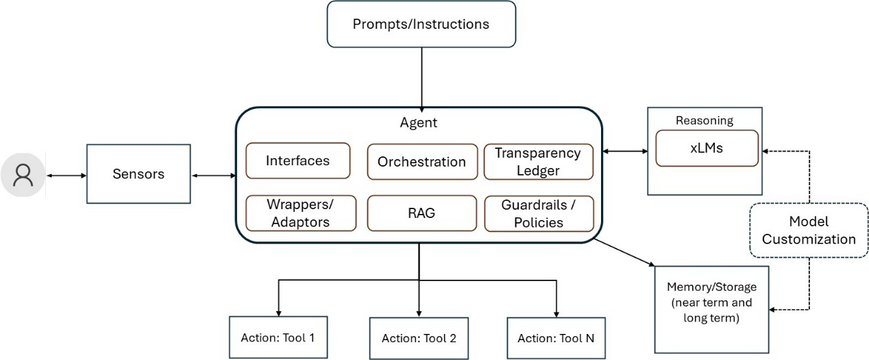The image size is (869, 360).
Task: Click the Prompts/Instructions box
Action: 421,24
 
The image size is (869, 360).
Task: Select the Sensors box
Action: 138,173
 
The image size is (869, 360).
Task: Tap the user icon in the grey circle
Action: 23,175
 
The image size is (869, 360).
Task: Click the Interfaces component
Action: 298,160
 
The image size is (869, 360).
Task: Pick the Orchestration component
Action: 422,162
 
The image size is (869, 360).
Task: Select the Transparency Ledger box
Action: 539,162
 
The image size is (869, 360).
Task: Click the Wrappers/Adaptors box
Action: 301,213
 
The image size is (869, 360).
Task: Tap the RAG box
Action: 421,213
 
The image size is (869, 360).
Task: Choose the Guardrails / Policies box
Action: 539,213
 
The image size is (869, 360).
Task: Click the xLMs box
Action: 707,148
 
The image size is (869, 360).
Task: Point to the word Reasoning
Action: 705,121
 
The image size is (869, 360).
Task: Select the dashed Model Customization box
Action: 809,230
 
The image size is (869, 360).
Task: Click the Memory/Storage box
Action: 711,309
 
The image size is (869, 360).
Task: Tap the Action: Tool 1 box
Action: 278,337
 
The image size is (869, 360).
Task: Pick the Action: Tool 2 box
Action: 419,338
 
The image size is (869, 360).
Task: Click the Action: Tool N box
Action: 556,338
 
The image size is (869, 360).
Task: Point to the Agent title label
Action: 419,123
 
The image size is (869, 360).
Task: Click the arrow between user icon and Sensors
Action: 66,176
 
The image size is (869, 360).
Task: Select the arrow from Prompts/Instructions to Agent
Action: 421,80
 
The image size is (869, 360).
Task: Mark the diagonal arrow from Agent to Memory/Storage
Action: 624,253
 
